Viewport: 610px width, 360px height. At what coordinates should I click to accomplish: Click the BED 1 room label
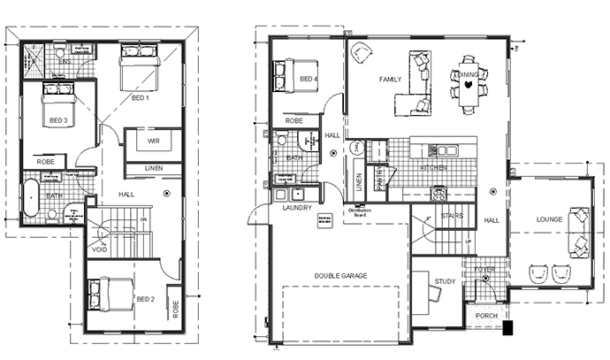(141, 97)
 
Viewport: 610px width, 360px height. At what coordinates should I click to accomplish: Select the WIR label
(153, 140)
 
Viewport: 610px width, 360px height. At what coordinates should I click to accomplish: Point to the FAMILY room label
(391, 80)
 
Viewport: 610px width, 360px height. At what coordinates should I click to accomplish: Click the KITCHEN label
(433, 167)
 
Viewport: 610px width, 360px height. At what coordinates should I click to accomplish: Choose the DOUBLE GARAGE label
(340, 276)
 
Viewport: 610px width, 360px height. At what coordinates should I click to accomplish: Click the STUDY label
(444, 282)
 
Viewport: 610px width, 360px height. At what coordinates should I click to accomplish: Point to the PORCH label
(486, 316)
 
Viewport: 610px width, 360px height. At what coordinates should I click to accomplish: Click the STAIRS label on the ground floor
(452, 216)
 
